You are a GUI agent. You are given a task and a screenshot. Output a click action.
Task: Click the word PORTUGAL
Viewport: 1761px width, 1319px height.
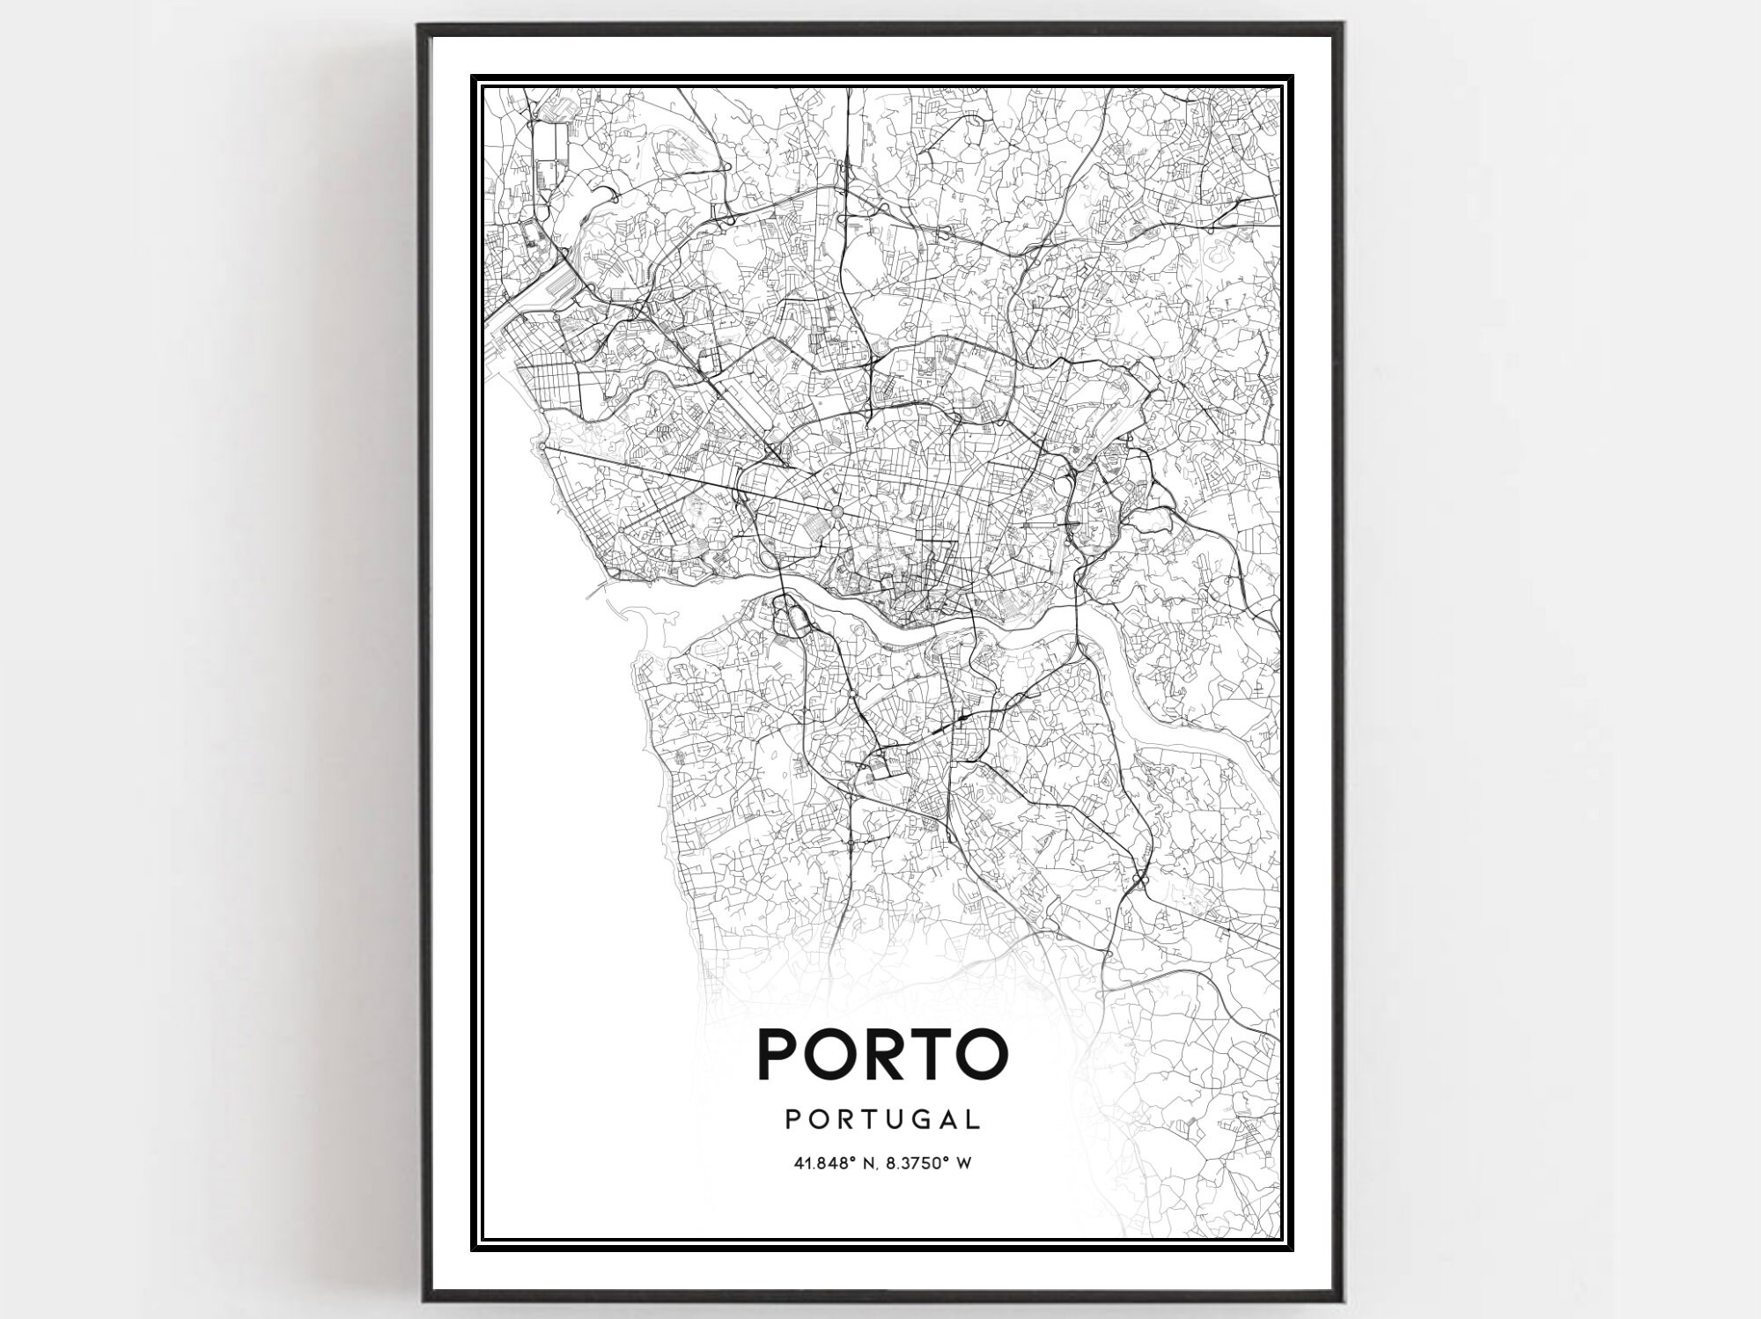(881, 1119)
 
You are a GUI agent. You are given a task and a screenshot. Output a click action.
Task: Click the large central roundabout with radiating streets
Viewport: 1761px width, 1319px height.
(836, 511)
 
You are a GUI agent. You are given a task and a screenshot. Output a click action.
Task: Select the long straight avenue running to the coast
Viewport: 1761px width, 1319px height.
(687, 479)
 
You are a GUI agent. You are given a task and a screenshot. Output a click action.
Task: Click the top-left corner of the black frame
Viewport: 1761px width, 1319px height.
(420, 25)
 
